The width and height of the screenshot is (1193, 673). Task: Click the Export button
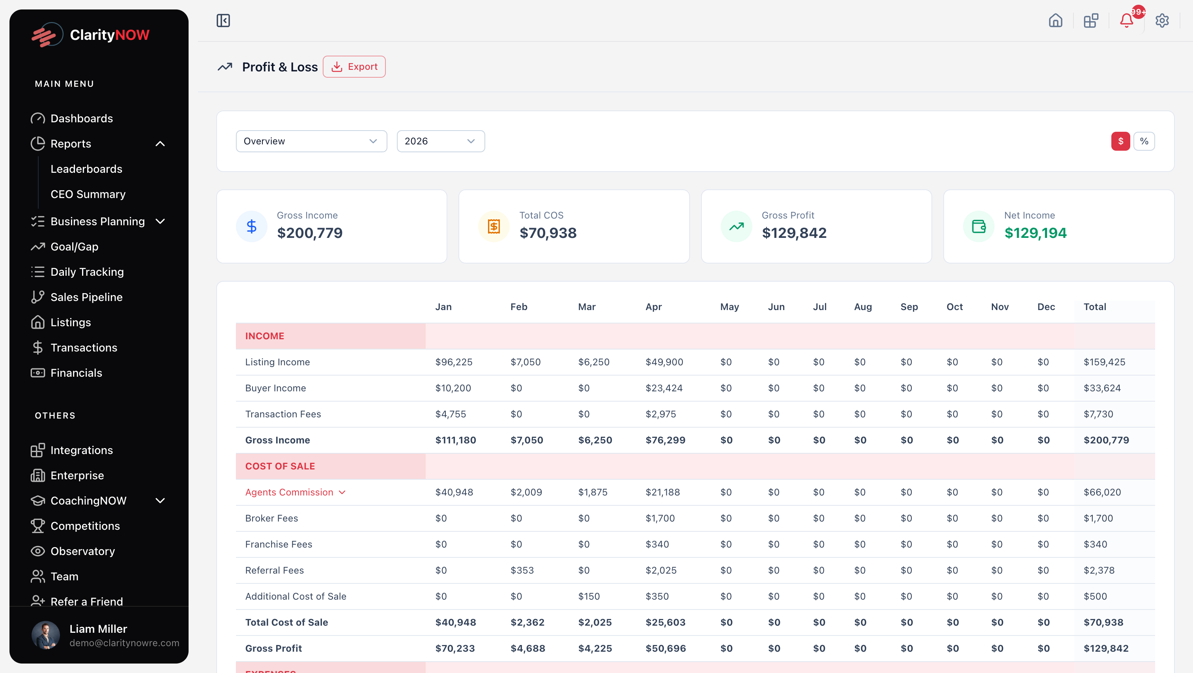354,67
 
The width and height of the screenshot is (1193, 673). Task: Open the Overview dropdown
311,141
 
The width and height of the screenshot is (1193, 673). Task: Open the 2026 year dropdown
440,141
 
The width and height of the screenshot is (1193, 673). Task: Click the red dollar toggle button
1120,141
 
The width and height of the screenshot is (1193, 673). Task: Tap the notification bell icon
1126,21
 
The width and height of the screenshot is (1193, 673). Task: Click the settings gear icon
1161,21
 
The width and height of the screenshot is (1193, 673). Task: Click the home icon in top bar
1055,21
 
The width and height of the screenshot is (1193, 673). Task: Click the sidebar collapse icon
223,21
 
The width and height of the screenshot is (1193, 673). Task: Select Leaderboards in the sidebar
86,169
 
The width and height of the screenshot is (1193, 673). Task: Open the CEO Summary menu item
88,194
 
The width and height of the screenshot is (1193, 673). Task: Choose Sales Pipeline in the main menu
86,297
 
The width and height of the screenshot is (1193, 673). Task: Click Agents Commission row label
290,492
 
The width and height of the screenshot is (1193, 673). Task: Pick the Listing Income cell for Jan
453,362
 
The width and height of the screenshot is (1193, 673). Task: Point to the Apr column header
653,307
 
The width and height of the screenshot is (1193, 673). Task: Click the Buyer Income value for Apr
664,388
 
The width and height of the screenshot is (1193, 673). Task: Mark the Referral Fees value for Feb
522,570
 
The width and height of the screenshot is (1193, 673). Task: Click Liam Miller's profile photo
45,635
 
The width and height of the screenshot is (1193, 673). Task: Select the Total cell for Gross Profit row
1105,649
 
